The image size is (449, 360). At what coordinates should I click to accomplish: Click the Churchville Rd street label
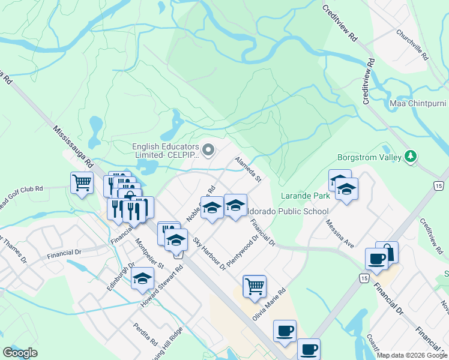pyautogui.click(x=412, y=45)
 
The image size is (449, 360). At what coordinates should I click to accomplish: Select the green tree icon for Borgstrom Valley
pyautogui.click(x=411, y=157)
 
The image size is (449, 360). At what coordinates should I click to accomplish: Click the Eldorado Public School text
pyautogui.click(x=289, y=211)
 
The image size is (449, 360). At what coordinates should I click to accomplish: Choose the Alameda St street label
pyautogui.click(x=249, y=170)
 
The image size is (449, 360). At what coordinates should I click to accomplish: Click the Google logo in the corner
pyautogui.click(x=20, y=353)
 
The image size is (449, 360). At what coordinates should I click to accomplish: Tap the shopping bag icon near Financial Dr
pyautogui.click(x=387, y=251)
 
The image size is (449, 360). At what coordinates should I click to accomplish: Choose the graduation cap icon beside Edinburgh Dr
pyautogui.click(x=142, y=278)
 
